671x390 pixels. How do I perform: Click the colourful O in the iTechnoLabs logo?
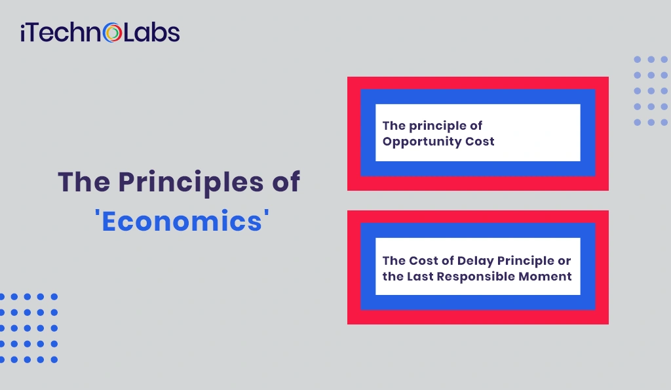click(113, 33)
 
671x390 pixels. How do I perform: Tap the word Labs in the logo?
click(152, 33)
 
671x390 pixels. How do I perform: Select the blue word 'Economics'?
click(182, 221)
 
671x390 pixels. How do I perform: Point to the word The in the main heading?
click(84, 182)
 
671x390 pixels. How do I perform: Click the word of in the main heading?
click(286, 182)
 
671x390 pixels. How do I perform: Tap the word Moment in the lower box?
click(545, 277)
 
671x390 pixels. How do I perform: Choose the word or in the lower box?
click(564, 262)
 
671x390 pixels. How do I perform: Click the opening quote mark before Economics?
click(97, 213)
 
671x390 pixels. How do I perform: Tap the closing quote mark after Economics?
click(267, 213)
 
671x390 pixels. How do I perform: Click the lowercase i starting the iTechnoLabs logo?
click(23, 33)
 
